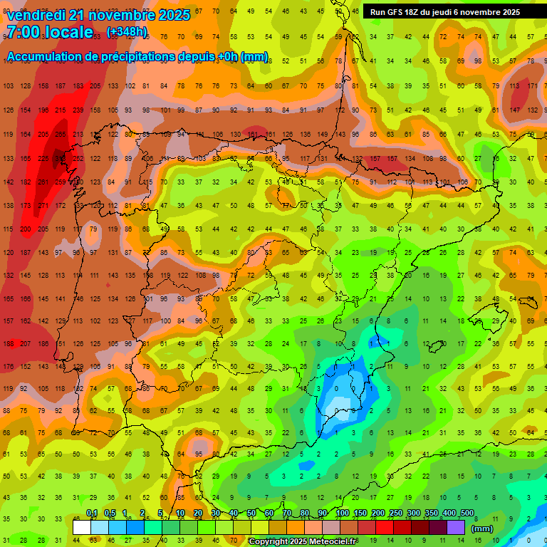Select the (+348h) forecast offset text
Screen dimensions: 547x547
(127, 32)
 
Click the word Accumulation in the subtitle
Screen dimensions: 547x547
(43, 57)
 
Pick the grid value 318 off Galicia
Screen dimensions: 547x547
(61, 158)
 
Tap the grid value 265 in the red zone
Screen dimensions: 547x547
(61, 134)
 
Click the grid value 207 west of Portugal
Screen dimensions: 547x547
(26, 343)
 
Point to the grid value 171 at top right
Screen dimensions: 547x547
(532, 85)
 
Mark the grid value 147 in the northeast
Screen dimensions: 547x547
(515, 110)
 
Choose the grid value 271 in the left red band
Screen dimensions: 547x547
(43, 206)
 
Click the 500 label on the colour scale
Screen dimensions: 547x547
(467, 514)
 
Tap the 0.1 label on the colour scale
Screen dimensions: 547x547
(92, 514)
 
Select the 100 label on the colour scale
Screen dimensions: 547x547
(343, 514)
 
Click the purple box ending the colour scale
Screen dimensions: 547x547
(456, 527)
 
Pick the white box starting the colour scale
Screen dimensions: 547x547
(82, 527)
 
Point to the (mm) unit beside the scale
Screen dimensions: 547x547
(482, 528)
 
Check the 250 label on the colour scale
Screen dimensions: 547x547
(396, 514)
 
